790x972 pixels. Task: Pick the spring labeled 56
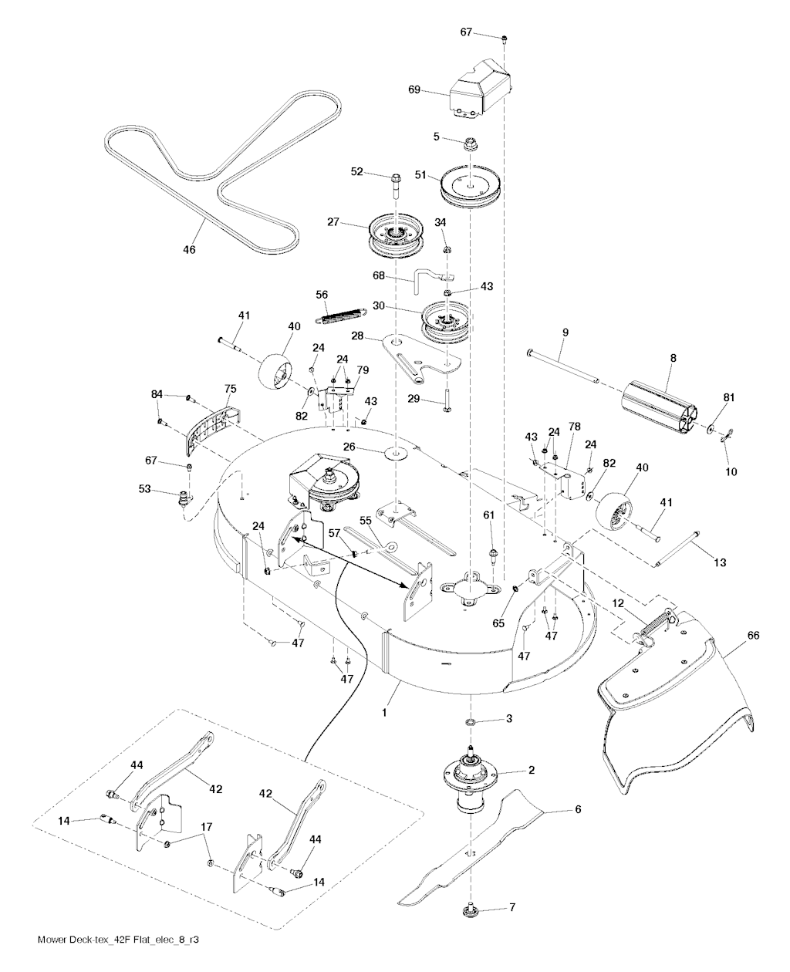(x=341, y=311)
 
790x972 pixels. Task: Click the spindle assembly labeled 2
(x=468, y=779)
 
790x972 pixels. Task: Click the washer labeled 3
(x=470, y=722)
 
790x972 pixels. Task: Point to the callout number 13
(x=719, y=563)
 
